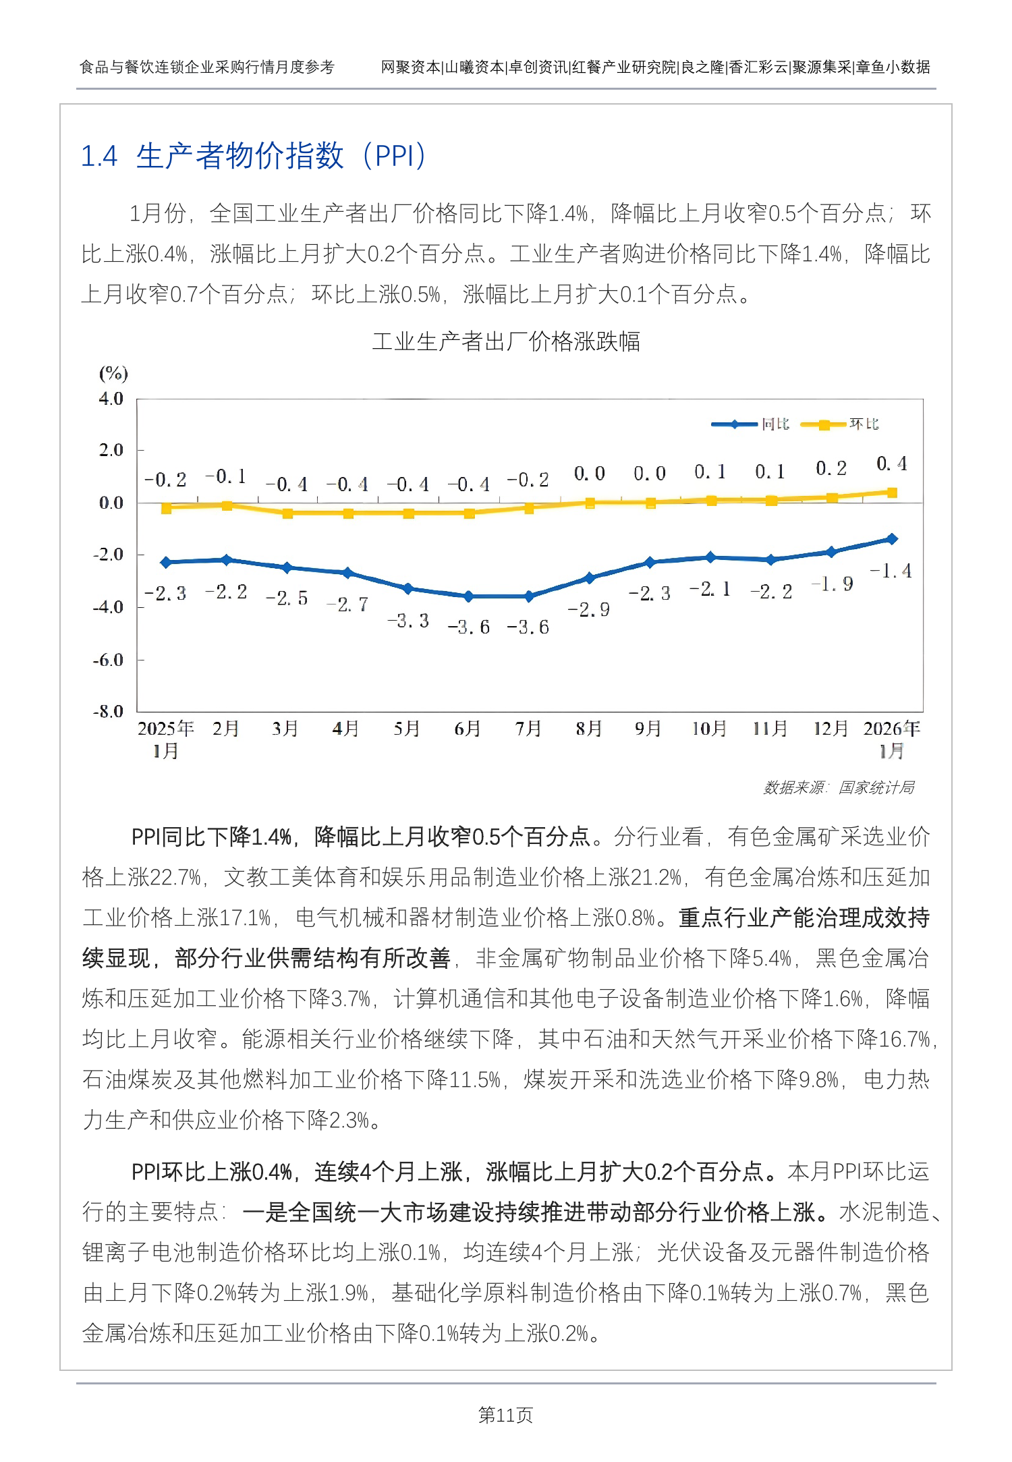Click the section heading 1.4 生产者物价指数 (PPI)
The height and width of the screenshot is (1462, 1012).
253,157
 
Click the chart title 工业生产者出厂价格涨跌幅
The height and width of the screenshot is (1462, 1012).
506,341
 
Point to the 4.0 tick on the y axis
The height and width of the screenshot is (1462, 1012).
111,399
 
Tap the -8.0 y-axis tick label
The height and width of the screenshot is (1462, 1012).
109,711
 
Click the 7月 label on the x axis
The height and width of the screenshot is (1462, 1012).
528,729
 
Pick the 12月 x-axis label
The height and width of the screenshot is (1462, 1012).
831,729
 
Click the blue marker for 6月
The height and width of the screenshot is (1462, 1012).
469,596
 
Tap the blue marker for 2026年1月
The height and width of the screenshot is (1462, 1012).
892,539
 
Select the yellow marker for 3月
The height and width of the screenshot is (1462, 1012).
287,513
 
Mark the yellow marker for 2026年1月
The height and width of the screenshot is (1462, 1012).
892,493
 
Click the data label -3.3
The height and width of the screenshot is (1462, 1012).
408,621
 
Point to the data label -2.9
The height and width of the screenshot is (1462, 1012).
588,610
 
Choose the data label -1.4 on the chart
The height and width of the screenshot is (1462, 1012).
891,571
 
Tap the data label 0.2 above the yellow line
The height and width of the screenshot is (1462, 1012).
831,468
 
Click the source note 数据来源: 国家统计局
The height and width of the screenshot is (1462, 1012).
839,787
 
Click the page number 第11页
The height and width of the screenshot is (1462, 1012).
505,1415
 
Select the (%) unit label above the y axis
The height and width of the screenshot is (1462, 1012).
113,373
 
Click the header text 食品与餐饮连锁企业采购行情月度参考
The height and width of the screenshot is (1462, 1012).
207,67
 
